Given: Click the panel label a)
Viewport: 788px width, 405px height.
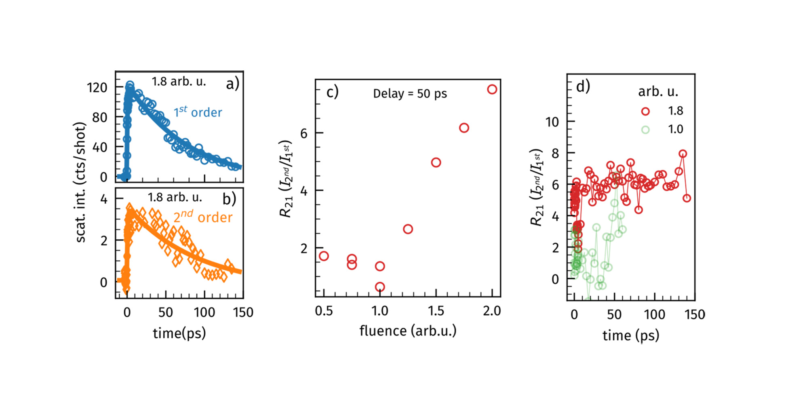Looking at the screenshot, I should [x=232, y=84].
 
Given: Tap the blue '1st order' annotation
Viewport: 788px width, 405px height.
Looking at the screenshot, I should [x=198, y=112].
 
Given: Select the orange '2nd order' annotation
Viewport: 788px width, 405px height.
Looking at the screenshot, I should [x=203, y=217].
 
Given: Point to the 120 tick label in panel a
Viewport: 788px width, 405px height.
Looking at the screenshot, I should [x=97, y=87].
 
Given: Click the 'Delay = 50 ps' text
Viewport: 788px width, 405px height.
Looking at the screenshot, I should [x=410, y=94].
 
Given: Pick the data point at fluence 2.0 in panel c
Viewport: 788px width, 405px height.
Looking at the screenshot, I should [x=492, y=89].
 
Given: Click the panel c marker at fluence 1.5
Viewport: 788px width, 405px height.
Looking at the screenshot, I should [x=436, y=162].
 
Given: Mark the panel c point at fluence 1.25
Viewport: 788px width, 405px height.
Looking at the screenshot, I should [x=408, y=229].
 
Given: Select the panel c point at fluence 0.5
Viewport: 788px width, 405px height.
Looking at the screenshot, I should [x=324, y=256].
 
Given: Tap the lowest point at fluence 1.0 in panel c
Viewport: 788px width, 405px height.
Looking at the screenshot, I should [x=380, y=287].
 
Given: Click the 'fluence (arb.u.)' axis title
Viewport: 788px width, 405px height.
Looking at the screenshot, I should [x=408, y=331].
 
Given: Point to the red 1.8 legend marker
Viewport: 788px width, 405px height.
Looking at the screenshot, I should [x=645, y=111].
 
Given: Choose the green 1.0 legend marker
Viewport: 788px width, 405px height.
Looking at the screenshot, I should [x=645, y=130].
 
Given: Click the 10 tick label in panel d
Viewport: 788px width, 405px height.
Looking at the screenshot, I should [x=552, y=122].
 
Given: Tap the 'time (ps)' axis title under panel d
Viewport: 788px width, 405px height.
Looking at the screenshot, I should [x=630, y=335].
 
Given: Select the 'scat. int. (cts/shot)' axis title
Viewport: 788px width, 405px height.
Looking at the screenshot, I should [x=81, y=182].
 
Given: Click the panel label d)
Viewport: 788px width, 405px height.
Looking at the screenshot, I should [x=583, y=86].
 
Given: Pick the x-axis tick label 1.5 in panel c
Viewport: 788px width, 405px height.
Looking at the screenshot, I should [x=436, y=311].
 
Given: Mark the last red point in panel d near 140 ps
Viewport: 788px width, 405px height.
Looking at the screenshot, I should [x=687, y=198].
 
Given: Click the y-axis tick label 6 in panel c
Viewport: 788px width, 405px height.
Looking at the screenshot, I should [x=304, y=133].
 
